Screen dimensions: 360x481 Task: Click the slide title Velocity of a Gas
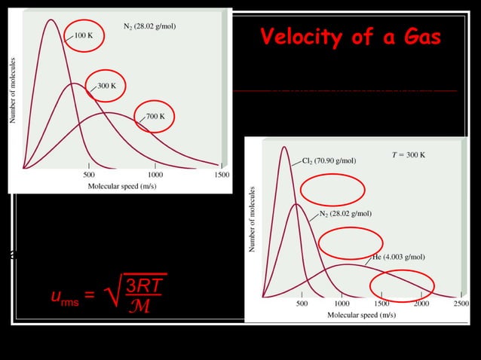click(x=351, y=38)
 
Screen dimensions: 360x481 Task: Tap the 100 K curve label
click(x=83, y=35)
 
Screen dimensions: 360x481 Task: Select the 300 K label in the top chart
click(x=106, y=86)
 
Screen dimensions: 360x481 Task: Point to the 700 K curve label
click(x=155, y=117)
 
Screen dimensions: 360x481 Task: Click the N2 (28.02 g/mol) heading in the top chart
click(x=149, y=26)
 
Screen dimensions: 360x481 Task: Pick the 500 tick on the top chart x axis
click(x=88, y=174)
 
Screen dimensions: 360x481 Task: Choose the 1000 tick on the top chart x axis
click(x=155, y=174)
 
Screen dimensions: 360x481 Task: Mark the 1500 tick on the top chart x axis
click(x=220, y=174)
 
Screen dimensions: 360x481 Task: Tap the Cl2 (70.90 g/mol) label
click(x=329, y=160)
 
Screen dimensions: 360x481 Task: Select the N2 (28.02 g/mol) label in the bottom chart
click(x=345, y=213)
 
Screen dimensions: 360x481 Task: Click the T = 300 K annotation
click(x=409, y=155)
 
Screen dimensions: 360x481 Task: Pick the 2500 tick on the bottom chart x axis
click(x=460, y=304)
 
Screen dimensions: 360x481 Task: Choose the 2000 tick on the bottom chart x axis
click(x=420, y=304)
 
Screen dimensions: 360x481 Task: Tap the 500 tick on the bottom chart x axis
click(x=301, y=304)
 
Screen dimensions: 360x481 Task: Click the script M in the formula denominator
click(x=141, y=307)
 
